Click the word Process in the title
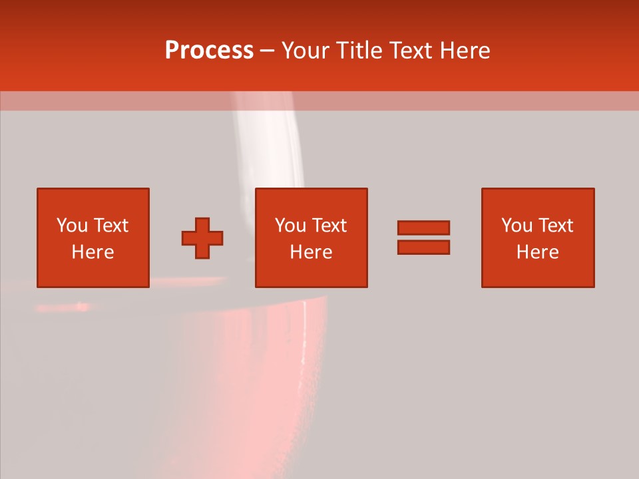click(x=209, y=51)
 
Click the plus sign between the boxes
click(x=202, y=238)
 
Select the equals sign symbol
click(x=423, y=238)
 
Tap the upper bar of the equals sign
click(x=423, y=228)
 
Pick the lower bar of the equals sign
click(x=423, y=247)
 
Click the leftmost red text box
click(x=93, y=238)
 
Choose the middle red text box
click(x=311, y=238)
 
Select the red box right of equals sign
click(x=537, y=238)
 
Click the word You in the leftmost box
click(x=73, y=226)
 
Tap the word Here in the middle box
click(x=311, y=252)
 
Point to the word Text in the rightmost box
click(x=556, y=226)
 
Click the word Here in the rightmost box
click(x=537, y=252)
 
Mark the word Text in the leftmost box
click(x=111, y=226)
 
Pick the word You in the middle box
click(x=291, y=226)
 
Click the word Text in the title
click(x=410, y=51)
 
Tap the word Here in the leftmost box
click(x=93, y=252)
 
